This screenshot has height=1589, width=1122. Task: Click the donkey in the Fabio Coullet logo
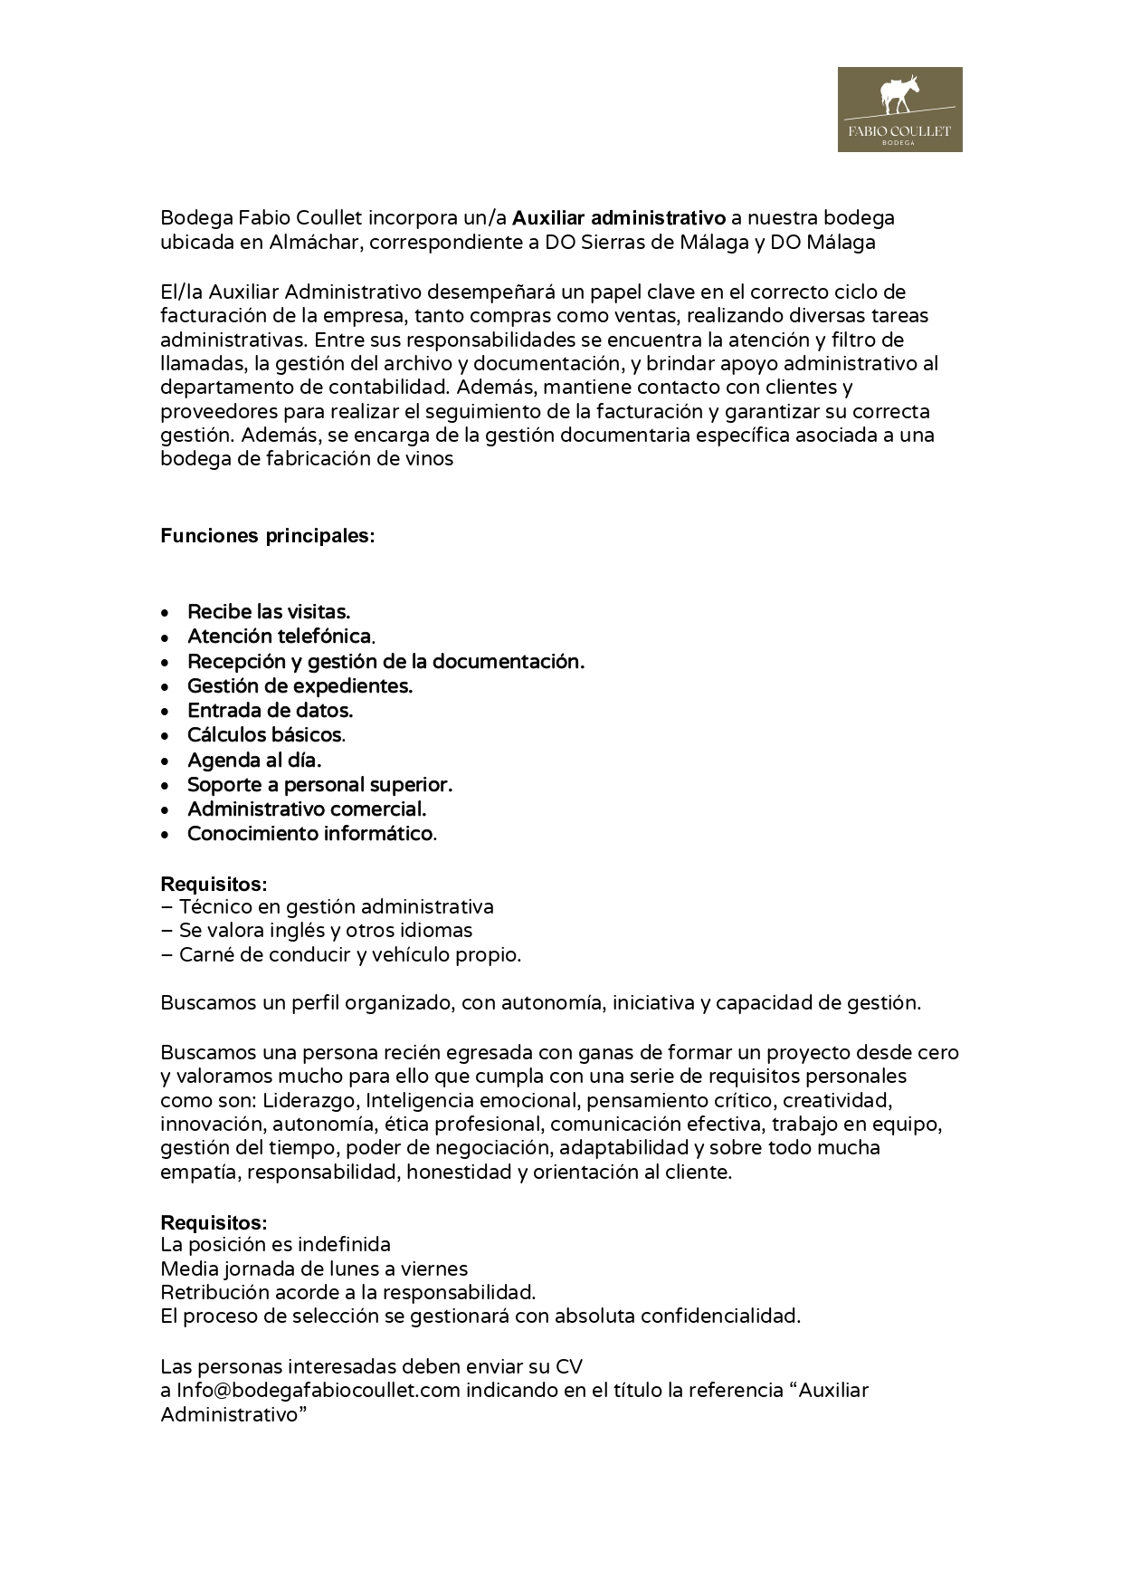[x=899, y=95]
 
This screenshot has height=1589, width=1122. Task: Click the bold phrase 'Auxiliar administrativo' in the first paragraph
[x=619, y=218]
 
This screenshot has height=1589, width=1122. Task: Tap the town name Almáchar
[x=313, y=243]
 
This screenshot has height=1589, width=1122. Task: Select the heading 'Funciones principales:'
[x=267, y=536]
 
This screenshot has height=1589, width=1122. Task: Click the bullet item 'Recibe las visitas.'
[x=269, y=612]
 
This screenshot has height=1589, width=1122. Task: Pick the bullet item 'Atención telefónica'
[x=280, y=637]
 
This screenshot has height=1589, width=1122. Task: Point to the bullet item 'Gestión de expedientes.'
[x=300, y=686]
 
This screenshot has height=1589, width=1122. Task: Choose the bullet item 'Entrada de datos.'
[x=270, y=711]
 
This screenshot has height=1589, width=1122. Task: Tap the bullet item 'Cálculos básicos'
[x=265, y=735]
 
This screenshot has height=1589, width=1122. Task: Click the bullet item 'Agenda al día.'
[x=254, y=761]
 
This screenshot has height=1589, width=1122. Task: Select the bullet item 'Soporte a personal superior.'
[x=319, y=785]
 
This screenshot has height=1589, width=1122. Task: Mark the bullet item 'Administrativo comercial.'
[x=307, y=809]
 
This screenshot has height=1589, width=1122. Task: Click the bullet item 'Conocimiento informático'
[x=310, y=834]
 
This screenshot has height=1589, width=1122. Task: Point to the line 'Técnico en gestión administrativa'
[x=336, y=907]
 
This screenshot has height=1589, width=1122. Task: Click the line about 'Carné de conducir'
[x=349, y=955]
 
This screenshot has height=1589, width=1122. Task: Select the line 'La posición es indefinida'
[x=275, y=1245]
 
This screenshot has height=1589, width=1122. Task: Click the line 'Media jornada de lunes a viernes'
[x=314, y=1269]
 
